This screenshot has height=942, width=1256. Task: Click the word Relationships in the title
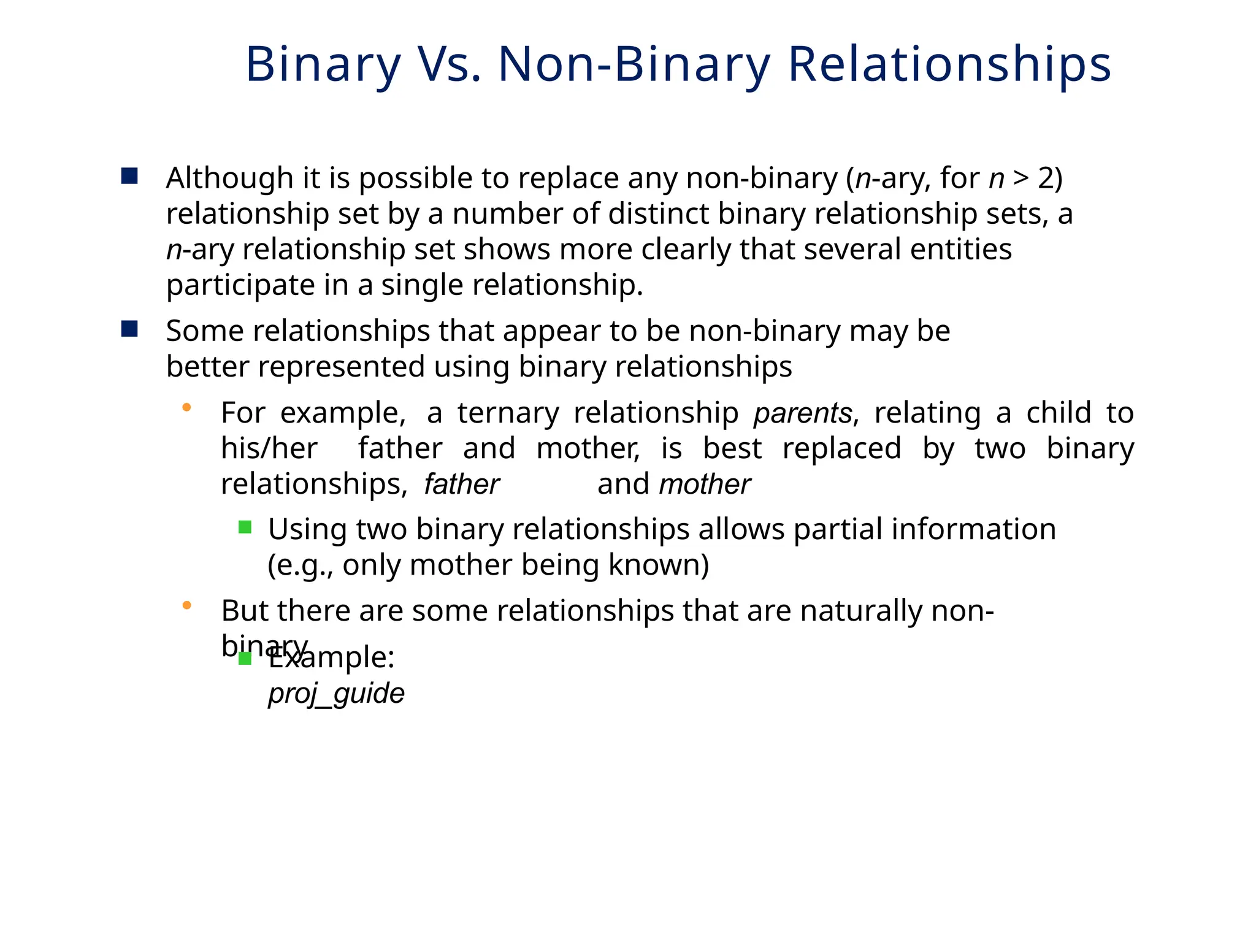pyautogui.click(x=949, y=64)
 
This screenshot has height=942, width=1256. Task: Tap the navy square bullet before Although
pyautogui.click(x=129, y=177)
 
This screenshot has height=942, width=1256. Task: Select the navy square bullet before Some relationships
pyautogui.click(x=129, y=329)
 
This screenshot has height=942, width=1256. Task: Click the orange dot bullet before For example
pyautogui.click(x=187, y=407)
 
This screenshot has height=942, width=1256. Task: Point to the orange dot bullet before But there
pyautogui.click(x=187, y=605)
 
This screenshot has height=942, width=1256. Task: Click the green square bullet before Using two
pyautogui.click(x=245, y=527)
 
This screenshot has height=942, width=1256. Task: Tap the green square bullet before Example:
pyautogui.click(x=245, y=659)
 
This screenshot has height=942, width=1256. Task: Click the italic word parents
pyautogui.click(x=802, y=413)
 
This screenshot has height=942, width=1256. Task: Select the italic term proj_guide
pyautogui.click(x=336, y=694)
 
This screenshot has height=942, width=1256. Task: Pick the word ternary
pyautogui.click(x=508, y=413)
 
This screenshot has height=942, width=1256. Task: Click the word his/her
pyautogui.click(x=269, y=449)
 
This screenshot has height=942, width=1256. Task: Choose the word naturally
pyautogui.click(x=860, y=611)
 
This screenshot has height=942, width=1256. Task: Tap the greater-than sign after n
pyautogui.click(x=1020, y=178)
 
